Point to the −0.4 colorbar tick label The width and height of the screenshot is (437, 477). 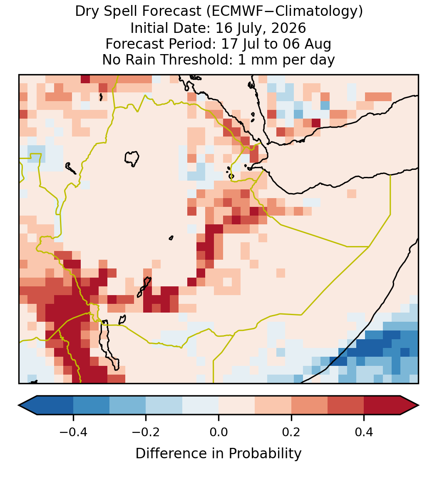point(73,432)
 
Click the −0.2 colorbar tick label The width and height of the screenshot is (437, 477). point(146,432)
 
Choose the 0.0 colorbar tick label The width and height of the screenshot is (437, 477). point(218,432)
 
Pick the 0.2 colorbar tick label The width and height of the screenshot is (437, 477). point(291,432)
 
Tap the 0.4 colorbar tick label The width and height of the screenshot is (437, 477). point(364,432)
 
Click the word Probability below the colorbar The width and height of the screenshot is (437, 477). point(265,454)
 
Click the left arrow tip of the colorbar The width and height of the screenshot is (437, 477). point(19,405)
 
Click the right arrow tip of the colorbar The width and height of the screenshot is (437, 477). point(419,405)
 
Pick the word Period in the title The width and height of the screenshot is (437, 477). point(193,44)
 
